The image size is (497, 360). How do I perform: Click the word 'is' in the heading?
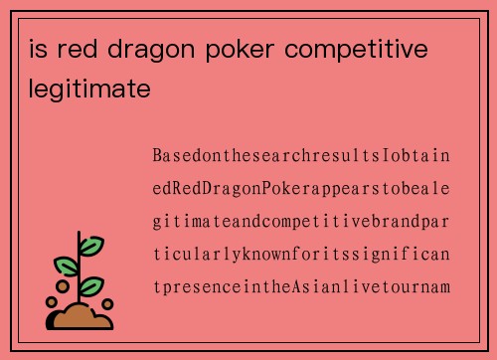[40, 50]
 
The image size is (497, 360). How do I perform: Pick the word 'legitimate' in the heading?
[89, 90]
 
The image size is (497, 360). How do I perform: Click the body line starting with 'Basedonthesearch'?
[301, 156]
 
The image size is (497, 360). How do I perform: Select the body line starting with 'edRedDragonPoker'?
[301, 188]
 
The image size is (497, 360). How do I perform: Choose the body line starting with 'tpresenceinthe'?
[301, 286]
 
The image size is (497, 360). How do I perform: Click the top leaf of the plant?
[91, 245]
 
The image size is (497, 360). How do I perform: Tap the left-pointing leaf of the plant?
[67, 266]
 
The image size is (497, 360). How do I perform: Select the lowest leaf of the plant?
[90, 285]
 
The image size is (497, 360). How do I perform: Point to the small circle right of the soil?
[107, 304]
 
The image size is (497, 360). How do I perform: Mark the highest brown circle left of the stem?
[63, 286]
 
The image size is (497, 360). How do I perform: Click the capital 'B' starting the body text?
[157, 156]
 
